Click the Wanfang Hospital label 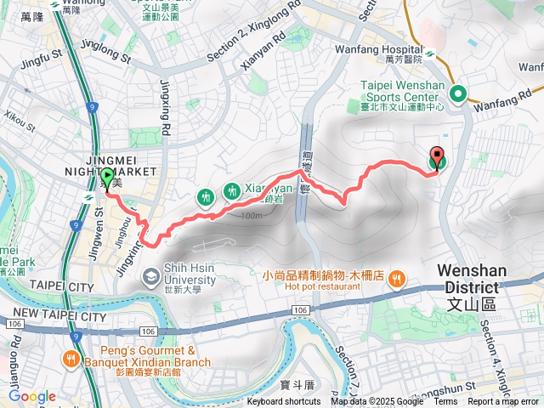click(392, 51)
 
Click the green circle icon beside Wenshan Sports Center click(458, 95)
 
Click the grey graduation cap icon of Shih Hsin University click(150, 276)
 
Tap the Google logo click(32, 396)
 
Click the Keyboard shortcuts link click(284, 402)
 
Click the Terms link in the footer click(445, 402)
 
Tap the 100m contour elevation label click(251, 216)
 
